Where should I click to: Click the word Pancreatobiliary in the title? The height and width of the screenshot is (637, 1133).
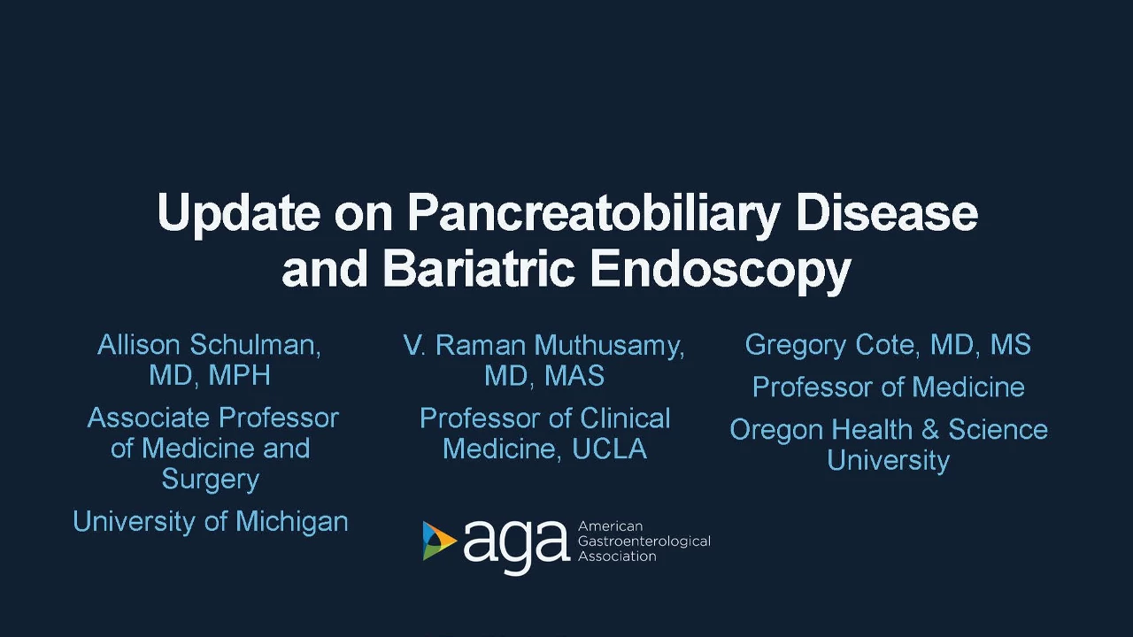coord(594,214)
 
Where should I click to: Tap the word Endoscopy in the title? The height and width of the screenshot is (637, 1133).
coord(721,271)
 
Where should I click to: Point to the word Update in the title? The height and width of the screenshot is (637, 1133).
coord(238,214)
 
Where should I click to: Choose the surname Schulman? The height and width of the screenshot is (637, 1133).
coord(255,345)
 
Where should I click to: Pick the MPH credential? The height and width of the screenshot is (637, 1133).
coord(239,375)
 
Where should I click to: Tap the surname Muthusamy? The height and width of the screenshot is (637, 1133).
coord(609,346)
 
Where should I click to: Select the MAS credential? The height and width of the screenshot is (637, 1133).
coord(574,376)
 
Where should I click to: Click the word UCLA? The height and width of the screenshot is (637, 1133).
coord(610,449)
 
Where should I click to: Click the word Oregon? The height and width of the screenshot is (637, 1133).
coord(777,431)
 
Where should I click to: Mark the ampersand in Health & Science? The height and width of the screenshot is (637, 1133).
coord(930,430)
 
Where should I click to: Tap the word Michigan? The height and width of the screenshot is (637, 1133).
coord(292,522)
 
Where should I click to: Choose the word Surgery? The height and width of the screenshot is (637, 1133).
coord(211,480)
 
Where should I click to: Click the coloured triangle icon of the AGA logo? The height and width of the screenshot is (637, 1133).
coord(439,541)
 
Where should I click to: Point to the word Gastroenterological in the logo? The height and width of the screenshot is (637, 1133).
coord(644,541)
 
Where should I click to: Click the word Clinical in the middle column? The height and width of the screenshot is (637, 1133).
coord(625,418)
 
